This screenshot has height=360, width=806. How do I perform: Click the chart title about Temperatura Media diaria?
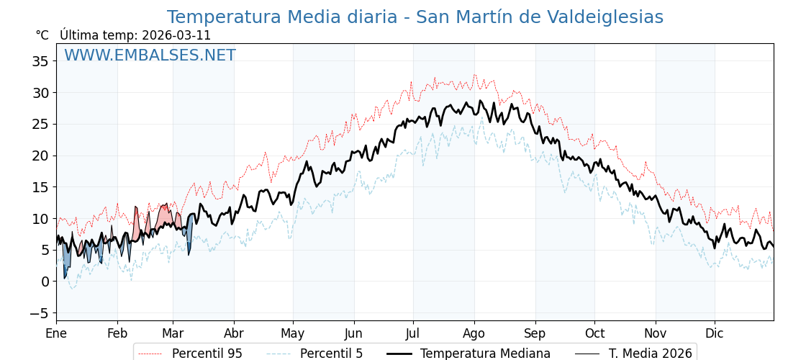[415, 17]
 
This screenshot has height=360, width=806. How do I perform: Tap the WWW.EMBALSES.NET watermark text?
[150, 55]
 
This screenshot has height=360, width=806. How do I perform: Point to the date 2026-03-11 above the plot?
[176, 35]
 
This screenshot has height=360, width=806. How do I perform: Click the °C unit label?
[42, 35]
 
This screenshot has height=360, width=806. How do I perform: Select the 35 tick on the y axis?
[40, 61]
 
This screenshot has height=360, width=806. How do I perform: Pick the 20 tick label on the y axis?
[40, 156]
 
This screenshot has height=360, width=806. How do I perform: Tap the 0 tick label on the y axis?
[45, 282]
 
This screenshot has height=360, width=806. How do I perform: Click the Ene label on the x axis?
[56, 333]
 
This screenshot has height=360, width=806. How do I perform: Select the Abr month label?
[234, 333]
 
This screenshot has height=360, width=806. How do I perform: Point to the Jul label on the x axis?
[413, 333]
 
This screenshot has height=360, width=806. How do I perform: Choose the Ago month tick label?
[474, 333]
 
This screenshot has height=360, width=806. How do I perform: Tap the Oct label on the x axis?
[594, 333]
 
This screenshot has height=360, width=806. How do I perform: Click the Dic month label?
[715, 333]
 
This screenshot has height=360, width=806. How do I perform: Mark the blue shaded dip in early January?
[65, 263]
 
